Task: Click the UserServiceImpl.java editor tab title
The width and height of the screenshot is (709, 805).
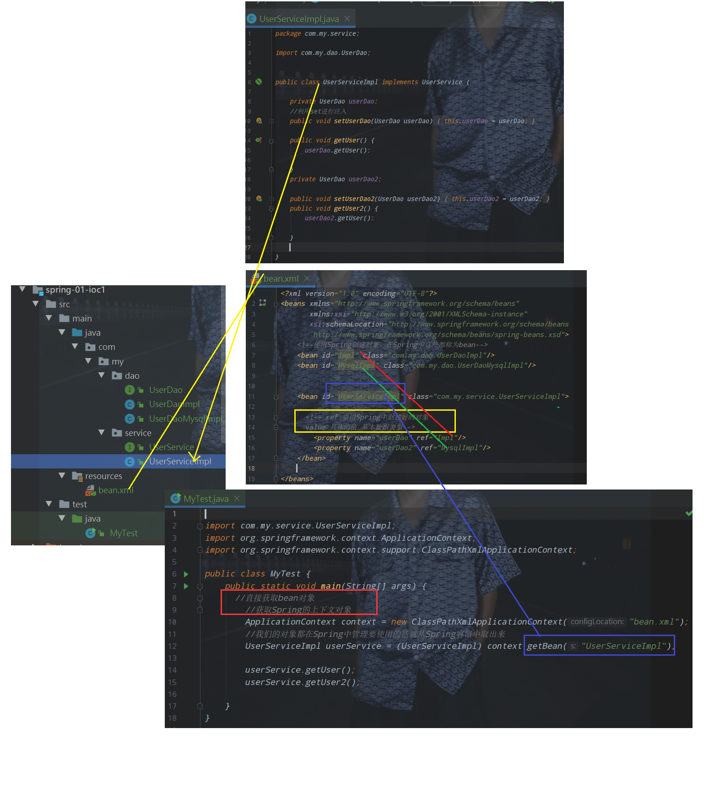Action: (x=299, y=19)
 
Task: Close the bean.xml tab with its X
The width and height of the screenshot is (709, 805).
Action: (x=307, y=278)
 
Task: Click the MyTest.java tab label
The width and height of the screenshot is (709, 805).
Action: (x=206, y=499)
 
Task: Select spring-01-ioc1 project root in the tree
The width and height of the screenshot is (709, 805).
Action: (x=75, y=290)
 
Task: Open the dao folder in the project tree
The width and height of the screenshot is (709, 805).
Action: (x=132, y=376)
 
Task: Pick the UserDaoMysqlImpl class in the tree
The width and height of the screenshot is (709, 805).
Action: (x=185, y=419)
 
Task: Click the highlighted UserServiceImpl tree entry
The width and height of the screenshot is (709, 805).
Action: (x=180, y=462)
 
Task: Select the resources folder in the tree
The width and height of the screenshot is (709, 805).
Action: (x=103, y=476)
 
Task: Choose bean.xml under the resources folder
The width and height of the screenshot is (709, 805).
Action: (x=115, y=490)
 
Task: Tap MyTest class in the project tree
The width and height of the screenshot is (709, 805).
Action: (x=124, y=533)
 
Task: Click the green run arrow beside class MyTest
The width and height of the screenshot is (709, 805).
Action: (x=186, y=574)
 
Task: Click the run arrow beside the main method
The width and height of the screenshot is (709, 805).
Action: (x=186, y=586)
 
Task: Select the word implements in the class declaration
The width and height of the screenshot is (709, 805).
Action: (x=400, y=82)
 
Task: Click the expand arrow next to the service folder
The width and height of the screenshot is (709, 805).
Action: (x=102, y=433)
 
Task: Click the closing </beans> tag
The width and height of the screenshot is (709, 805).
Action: (x=297, y=479)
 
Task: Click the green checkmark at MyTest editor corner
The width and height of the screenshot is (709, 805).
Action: (x=689, y=513)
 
